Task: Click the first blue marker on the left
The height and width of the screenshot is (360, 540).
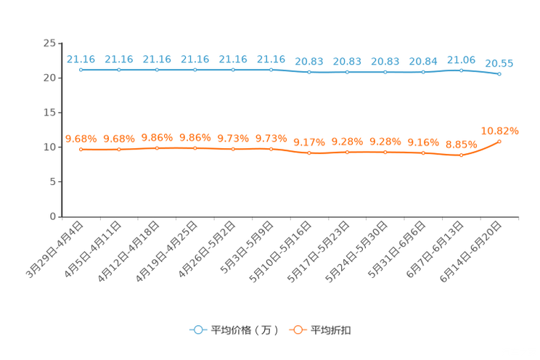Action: pos(81,70)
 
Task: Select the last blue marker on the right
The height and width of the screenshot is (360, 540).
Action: pos(499,73)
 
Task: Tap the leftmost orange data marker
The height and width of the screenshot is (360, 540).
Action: pos(81,149)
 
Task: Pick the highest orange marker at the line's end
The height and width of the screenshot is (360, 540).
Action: pos(499,141)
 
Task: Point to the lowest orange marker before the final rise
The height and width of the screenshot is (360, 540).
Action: pos(461,155)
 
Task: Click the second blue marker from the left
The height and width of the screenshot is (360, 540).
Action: pos(119,70)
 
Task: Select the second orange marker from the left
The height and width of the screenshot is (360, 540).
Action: pos(119,149)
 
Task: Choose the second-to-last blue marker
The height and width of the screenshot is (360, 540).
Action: pos(461,70)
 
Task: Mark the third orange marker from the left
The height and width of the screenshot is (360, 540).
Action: pos(157,148)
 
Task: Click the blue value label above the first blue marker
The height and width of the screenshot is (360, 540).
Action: pos(80,59)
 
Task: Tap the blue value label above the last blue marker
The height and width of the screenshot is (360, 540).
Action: pos(499,63)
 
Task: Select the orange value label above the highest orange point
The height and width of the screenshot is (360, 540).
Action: pos(501,131)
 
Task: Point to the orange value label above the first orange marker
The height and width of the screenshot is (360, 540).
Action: pos(80,138)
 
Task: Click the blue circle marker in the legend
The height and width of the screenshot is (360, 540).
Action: pos(198,330)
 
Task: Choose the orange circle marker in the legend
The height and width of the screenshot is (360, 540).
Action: pos(297,330)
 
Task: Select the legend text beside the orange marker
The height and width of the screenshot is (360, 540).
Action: pos(331,330)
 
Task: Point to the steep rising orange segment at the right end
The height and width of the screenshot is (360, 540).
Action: pos(482,148)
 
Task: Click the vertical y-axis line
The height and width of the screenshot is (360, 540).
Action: pos(62,131)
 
